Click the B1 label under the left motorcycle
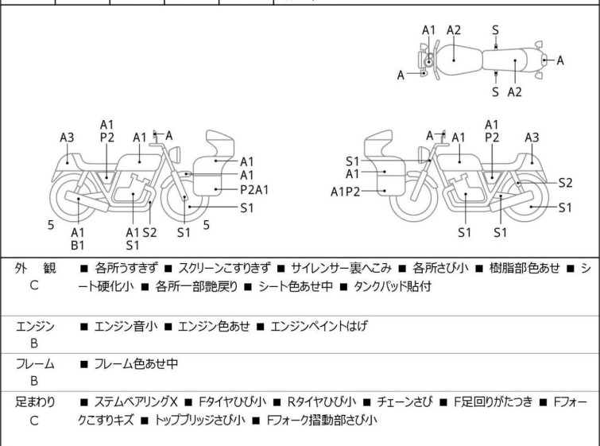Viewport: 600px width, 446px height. [x=78, y=246]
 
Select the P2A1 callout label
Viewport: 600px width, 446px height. [x=254, y=189]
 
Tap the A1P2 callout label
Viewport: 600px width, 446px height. [x=346, y=191]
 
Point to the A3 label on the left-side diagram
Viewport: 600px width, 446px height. [x=67, y=138]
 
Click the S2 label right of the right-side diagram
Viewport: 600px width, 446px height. [x=565, y=182]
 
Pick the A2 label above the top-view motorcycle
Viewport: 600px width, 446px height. [x=454, y=30]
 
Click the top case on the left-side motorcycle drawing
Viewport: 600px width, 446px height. [x=222, y=144]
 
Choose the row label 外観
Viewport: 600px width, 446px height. [x=33, y=269]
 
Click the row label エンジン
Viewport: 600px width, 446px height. [x=33, y=326]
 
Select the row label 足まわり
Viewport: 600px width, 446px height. [x=33, y=402]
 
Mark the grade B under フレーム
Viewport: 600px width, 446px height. [x=33, y=381]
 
